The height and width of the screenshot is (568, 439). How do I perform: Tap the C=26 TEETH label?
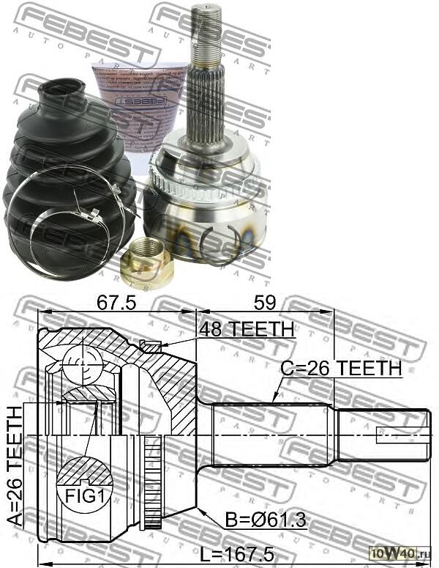(x=342, y=368)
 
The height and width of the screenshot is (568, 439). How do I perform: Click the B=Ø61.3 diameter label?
(x=266, y=521)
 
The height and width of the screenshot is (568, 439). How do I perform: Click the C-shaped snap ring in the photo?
(x=222, y=246)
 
